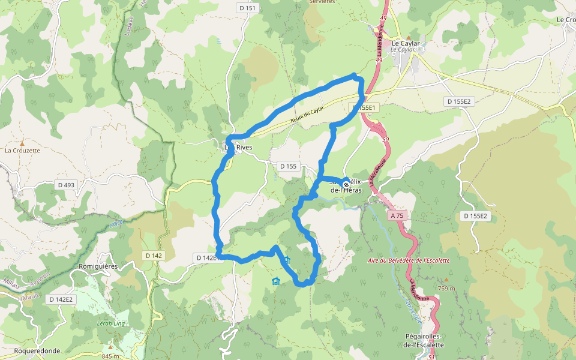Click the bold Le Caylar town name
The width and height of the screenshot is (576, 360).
click(405, 43)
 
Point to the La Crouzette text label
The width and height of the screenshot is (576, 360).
click(22, 151)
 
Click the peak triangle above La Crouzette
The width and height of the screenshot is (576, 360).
click(22, 144)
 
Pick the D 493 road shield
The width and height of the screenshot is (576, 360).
click(66, 185)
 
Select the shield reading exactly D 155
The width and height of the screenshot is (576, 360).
click(288, 166)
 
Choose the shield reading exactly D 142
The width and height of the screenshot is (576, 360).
click(153, 256)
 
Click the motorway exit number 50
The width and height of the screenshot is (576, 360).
click(385, 139)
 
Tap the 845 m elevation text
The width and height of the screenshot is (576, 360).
click(111, 356)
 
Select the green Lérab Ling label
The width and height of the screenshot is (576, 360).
click(110, 322)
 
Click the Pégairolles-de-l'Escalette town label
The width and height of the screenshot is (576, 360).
click(424, 341)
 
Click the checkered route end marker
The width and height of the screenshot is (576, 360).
click(346, 184)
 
